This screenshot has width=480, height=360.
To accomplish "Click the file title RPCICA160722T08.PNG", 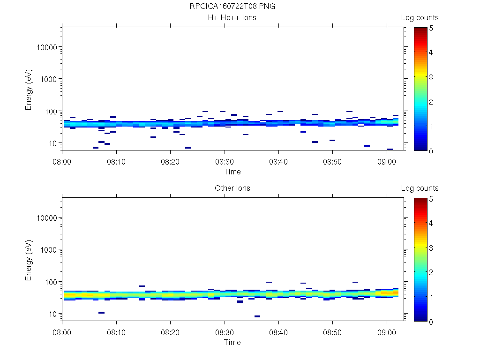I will coord(232,7).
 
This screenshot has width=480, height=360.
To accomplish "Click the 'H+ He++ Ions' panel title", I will coord(232,18).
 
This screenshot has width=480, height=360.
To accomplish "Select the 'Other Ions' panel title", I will coord(232,188).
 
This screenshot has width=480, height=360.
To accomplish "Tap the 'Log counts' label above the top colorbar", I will coord(420,18).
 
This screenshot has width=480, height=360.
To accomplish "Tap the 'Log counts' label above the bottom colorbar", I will coord(420,188).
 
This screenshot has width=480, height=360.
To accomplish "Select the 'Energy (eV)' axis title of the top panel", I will coord(29,92).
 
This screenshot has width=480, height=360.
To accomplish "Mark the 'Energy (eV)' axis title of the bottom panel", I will coord(29,262).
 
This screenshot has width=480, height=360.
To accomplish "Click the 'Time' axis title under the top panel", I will coord(232,172).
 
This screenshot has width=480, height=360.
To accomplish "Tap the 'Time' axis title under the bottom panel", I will coord(232,342).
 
